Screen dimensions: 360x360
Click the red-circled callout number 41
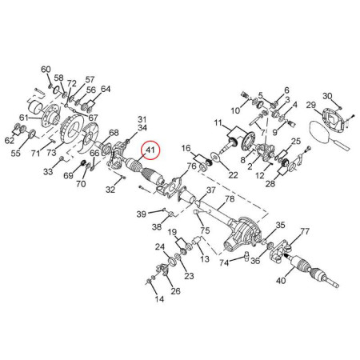[x=150, y=150]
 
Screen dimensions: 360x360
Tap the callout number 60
[x=46, y=70]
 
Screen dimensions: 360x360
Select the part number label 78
[x=230, y=199]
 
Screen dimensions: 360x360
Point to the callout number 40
[x=281, y=281]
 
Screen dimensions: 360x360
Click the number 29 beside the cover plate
[x=311, y=105]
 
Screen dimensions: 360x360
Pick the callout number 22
[x=233, y=175]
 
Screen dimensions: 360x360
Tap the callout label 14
[x=159, y=299]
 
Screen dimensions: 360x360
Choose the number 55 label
[x=15, y=154]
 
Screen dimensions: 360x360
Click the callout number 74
[x=224, y=263]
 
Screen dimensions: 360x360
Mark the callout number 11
[x=218, y=123]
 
